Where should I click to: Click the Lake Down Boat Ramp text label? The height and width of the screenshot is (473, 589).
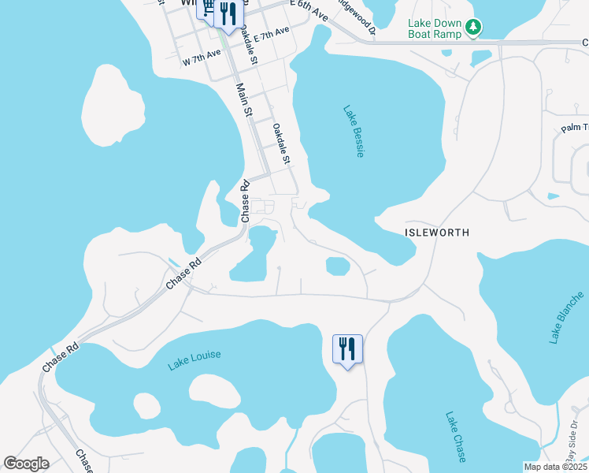click(x=435, y=29)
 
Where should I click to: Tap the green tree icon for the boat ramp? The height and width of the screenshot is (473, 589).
click(x=472, y=28)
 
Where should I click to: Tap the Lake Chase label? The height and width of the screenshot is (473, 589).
click(x=456, y=436)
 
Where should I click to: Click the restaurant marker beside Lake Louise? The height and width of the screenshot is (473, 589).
click(x=347, y=348)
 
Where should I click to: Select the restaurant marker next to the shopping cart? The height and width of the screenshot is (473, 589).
click(x=228, y=14)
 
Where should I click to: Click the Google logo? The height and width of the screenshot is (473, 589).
click(x=26, y=464)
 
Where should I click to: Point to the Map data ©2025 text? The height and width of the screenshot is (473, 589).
click(x=555, y=467)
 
